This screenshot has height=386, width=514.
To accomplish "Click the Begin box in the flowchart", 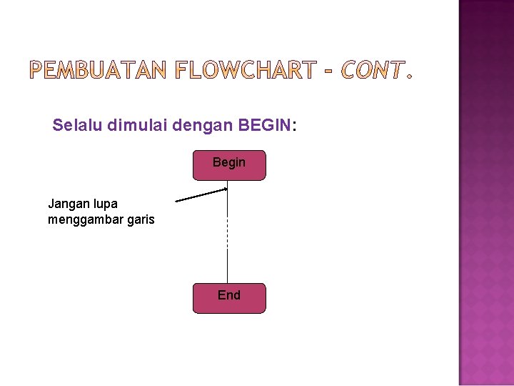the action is (x=228, y=164).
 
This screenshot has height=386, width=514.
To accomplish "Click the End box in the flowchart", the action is (x=228, y=297).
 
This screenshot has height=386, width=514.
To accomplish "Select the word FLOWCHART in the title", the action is (x=245, y=70).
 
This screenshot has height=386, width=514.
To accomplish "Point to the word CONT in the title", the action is (x=372, y=70).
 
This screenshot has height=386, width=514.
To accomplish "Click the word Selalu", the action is (x=79, y=126).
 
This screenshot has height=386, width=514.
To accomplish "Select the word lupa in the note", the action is (x=104, y=204).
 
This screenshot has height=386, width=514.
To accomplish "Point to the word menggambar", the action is (x=83, y=219).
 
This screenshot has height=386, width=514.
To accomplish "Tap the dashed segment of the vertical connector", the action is (x=227, y=232).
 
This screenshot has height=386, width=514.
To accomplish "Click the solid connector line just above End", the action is (x=227, y=268).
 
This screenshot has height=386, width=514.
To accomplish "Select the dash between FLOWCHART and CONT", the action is (x=329, y=71).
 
